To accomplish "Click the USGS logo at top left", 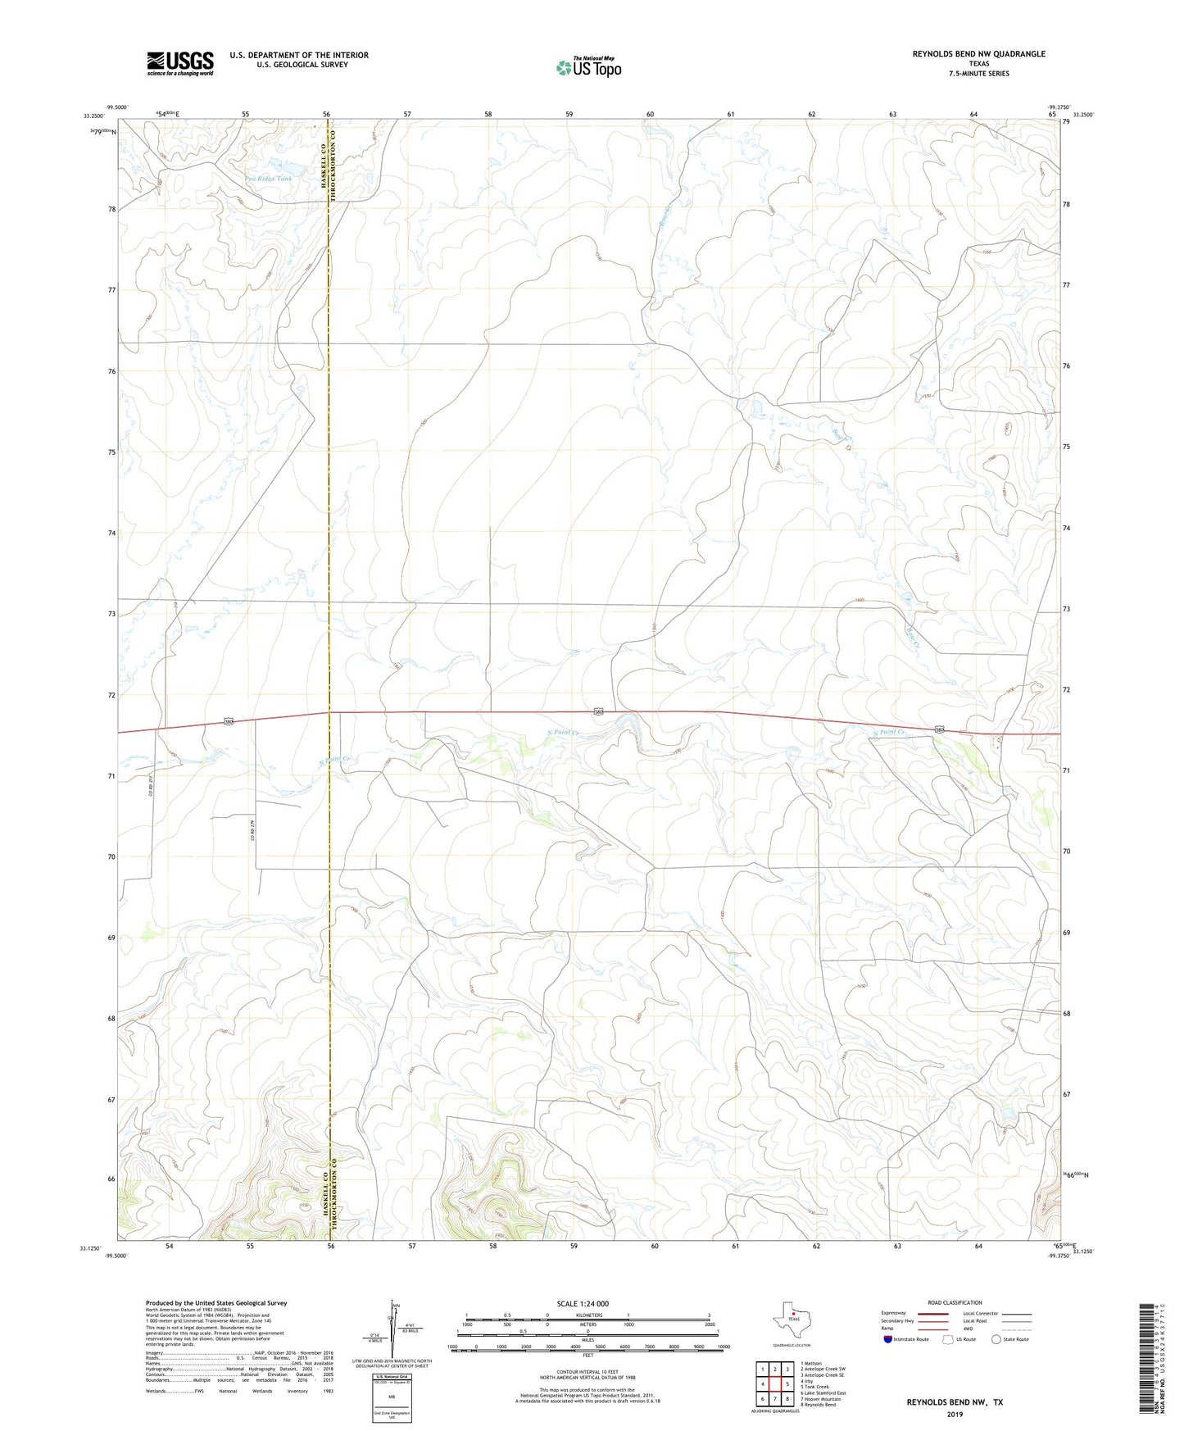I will (x=180, y=63).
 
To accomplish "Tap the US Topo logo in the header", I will (x=588, y=66).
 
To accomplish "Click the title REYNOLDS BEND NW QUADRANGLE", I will (x=978, y=54).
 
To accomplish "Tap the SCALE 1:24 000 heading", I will (x=583, y=1303).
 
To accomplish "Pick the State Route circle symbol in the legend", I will (x=996, y=1339).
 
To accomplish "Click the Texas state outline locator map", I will (x=790, y=1320).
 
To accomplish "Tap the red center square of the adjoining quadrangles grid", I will (x=774, y=1384).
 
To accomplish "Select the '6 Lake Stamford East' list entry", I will (x=823, y=1392).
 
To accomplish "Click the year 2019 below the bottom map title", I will (x=954, y=1414).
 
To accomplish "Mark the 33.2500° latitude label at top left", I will (x=93, y=116).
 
